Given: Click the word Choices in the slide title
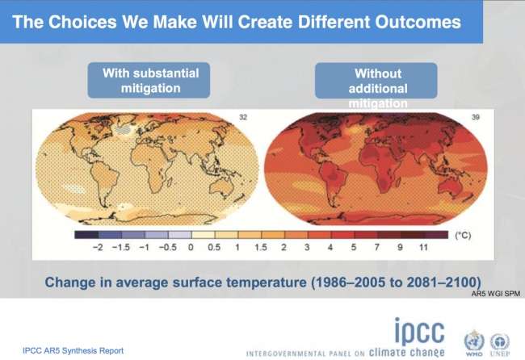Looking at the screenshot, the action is [x=82, y=22].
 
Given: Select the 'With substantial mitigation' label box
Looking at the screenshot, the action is [x=149, y=80].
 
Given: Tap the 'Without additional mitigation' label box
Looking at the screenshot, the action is [x=376, y=81].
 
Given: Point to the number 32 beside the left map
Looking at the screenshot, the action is [x=243, y=117].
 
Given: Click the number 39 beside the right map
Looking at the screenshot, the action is [x=475, y=117].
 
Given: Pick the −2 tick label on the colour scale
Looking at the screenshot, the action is [x=98, y=248].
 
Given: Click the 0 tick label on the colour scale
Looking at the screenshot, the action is [x=191, y=248].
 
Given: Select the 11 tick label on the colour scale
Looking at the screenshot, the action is [x=423, y=248].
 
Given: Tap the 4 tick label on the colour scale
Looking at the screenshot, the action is [x=330, y=248].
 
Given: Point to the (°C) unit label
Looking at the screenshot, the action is [x=463, y=235].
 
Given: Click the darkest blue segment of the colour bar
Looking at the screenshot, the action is [x=86, y=235].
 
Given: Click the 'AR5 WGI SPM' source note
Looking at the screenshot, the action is [x=496, y=294].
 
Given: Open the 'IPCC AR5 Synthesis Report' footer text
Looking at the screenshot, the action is [x=73, y=350].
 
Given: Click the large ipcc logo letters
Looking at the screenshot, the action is [x=419, y=331].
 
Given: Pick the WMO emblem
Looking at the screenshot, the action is [x=474, y=341].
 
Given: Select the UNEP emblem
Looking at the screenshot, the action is [x=499, y=342].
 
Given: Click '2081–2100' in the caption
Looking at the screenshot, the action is [x=443, y=283].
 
